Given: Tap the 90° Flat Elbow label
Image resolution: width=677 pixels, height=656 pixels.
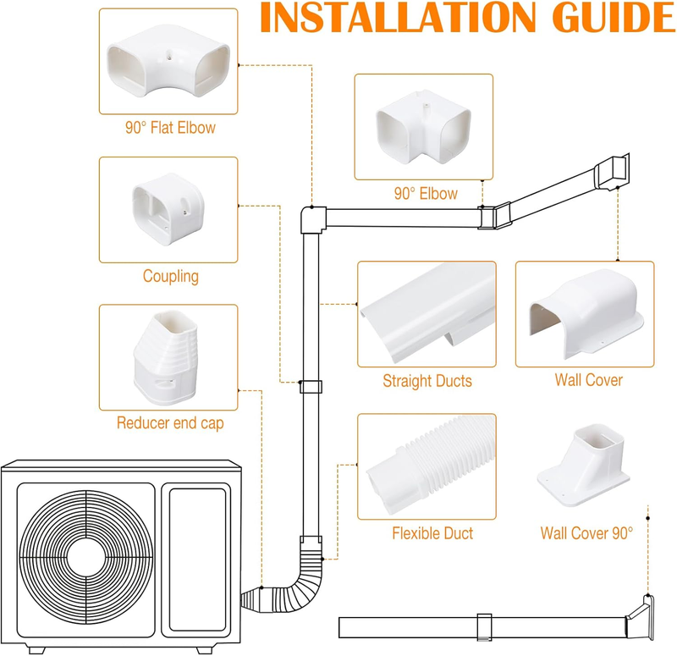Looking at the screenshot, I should click(170, 129).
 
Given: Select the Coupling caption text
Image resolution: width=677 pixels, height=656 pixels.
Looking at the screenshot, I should click(170, 276).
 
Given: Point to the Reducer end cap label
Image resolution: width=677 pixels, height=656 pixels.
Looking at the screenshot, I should click(170, 423).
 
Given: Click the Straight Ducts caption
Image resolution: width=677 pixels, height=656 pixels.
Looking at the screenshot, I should click(427, 381).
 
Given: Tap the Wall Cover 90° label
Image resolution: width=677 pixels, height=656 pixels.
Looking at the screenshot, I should click(586, 534).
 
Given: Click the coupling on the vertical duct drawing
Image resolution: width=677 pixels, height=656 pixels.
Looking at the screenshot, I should click(311, 388).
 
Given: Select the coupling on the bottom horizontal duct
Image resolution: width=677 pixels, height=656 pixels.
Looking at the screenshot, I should click(484, 626).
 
